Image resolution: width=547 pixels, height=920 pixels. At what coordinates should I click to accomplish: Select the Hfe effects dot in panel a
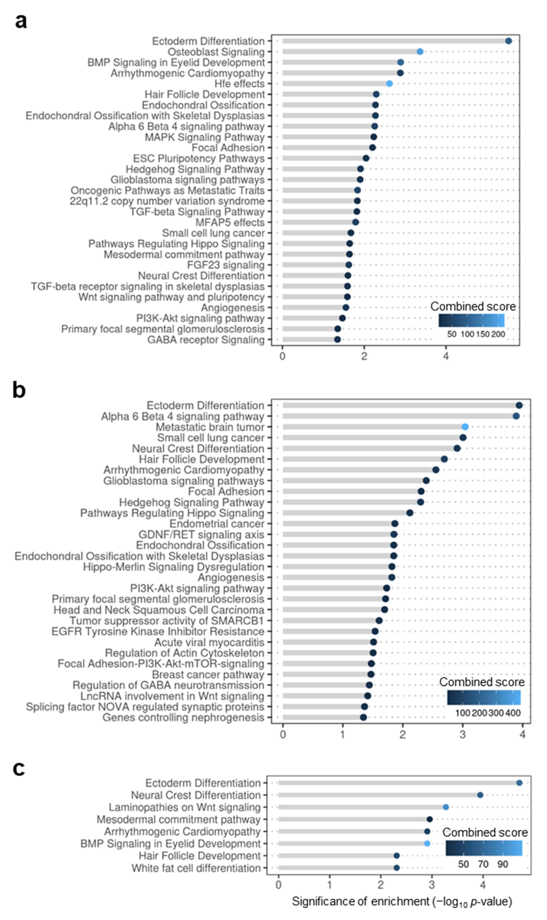point(389,84)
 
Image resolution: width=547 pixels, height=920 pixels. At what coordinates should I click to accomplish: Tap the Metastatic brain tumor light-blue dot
point(465,427)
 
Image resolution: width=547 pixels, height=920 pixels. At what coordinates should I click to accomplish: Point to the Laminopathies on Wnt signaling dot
point(446,807)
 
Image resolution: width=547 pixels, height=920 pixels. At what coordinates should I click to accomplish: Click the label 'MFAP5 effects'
point(230,222)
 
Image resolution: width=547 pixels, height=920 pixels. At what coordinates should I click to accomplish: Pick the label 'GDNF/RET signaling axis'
point(201,534)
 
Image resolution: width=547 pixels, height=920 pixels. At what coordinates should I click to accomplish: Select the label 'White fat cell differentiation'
point(196,868)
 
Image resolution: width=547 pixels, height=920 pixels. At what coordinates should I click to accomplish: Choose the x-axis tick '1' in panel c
point(329,885)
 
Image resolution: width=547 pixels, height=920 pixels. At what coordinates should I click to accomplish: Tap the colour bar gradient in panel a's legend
point(471,320)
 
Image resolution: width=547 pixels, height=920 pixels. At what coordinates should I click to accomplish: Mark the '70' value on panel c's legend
point(483,864)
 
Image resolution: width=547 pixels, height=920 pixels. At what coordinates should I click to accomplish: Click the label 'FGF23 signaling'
point(226,265)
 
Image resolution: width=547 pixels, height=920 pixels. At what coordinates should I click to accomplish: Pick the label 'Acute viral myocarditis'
point(209,642)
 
